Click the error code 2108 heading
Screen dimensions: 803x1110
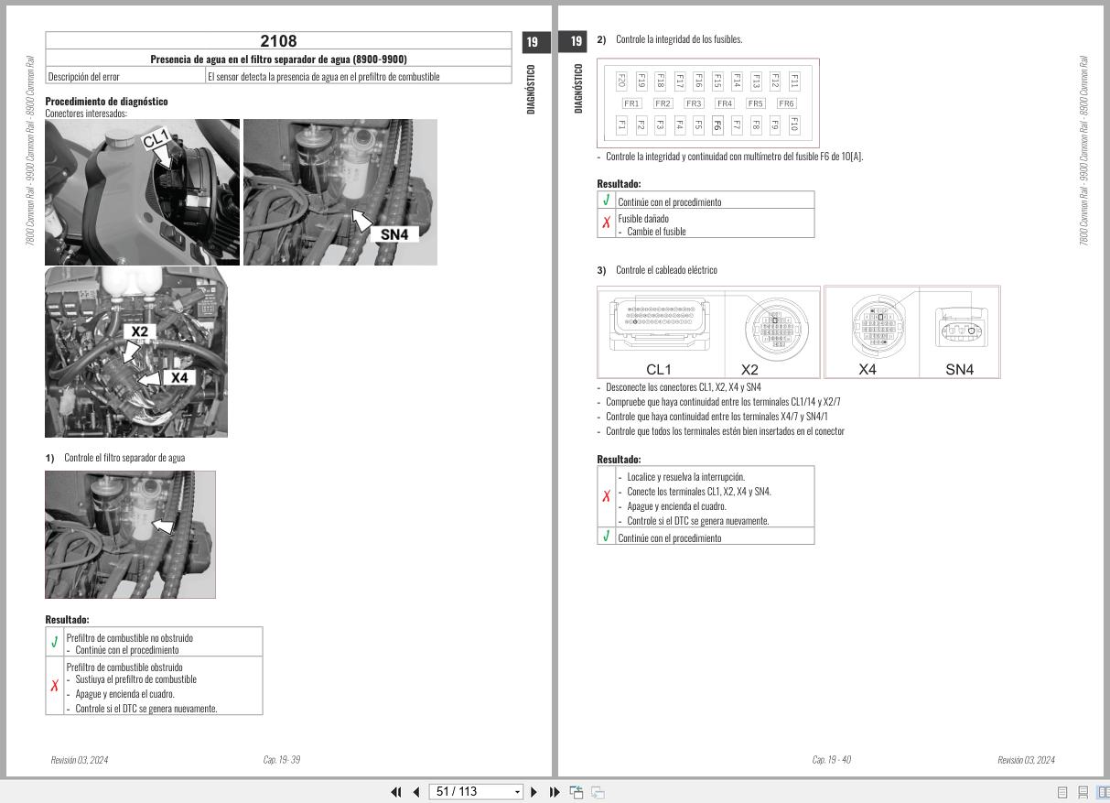tap(278, 41)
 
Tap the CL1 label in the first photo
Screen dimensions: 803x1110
tap(156, 139)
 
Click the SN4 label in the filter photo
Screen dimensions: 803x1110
tap(393, 234)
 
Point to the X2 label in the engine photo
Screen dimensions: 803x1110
tap(139, 331)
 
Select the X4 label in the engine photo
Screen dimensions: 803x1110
tap(179, 377)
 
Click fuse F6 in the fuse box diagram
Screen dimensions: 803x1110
tap(717, 125)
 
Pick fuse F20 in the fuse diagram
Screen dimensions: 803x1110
tap(621, 81)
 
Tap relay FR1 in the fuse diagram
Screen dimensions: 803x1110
tap(631, 103)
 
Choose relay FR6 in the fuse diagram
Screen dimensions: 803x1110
tap(786, 103)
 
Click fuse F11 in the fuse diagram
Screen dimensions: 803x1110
tap(794, 81)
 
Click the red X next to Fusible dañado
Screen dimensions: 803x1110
tap(606, 223)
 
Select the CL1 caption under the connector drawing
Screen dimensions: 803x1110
tap(658, 370)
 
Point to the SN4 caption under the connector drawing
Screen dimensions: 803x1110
tap(959, 370)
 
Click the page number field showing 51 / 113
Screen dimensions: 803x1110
tap(475, 792)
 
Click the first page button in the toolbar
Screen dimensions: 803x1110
tap(396, 792)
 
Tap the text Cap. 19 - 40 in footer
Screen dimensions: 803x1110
tap(831, 760)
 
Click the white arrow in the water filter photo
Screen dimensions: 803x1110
tap(162, 526)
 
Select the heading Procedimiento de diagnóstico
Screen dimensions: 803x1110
tap(106, 102)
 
